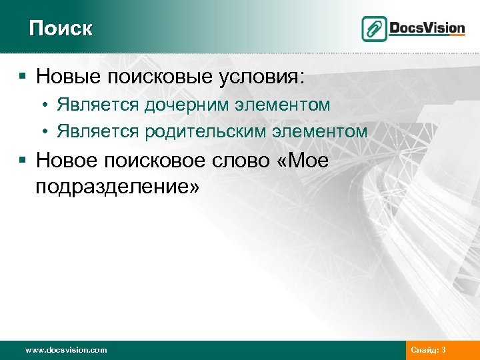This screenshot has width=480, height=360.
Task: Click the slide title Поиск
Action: pyautogui.click(x=61, y=29)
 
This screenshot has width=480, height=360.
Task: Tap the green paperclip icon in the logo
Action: pyautogui.click(x=374, y=29)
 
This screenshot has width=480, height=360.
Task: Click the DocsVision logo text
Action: pyautogui.click(x=427, y=28)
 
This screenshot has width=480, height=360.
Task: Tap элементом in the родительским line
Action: pyautogui.click(x=322, y=131)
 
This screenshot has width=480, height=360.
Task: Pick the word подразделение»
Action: pyautogui.click(x=117, y=187)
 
